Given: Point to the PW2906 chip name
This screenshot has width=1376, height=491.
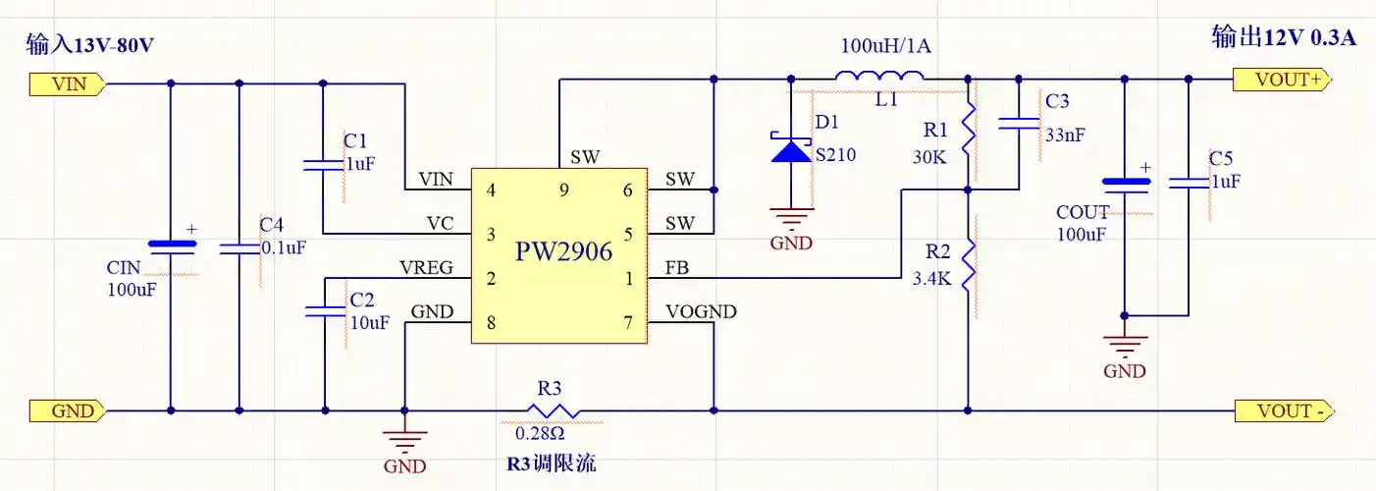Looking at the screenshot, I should point(563,251).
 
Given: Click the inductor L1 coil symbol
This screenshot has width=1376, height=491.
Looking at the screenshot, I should point(879,77).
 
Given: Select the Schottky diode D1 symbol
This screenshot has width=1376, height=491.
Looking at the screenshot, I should point(791,148).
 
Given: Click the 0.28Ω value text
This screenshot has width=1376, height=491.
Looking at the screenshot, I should point(540,432).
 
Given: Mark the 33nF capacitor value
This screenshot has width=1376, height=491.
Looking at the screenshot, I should point(1065,136).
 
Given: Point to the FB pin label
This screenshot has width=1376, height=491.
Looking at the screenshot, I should point(676,268).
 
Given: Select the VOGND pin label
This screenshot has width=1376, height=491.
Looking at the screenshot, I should point(701,312).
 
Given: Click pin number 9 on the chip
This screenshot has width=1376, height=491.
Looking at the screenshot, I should point(563,191).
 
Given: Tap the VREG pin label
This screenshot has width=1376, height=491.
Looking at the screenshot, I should point(425,268).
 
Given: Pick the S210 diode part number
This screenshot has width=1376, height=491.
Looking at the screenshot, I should point(835,155).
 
